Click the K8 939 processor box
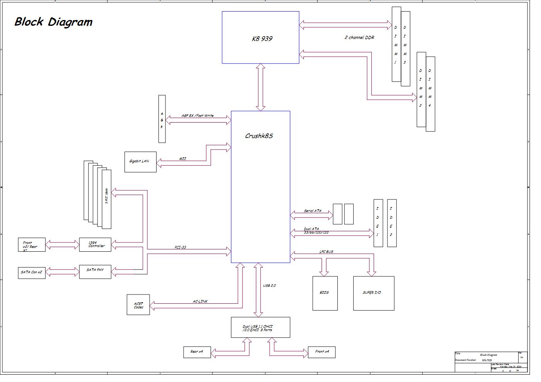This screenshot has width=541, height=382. coord(260,37)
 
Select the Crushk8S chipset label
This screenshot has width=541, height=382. coord(259,136)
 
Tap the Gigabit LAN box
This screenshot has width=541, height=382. coord(140,162)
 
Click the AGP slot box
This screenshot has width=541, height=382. coord(162,119)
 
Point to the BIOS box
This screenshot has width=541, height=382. coord(325,293)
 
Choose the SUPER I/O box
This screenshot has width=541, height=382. coord(373,293)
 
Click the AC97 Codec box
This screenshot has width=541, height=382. coord(138,305)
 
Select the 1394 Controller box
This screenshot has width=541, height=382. coord(95,245)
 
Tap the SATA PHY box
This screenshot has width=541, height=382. coord(95,271)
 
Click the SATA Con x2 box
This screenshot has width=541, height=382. coord(32,272)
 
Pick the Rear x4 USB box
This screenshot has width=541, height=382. coord(197,352)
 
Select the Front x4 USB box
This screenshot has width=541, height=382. coord(321,352)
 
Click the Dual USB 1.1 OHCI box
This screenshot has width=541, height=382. coord(260,328)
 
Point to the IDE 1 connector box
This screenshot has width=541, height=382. coord(378,223)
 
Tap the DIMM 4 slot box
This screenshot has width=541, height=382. coord(430,94)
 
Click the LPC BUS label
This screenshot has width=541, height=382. coord(326,252)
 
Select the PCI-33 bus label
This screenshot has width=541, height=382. coord(180,247)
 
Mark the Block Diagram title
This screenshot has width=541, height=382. coord(53,22)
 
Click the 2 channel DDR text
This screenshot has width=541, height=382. coord(359,37)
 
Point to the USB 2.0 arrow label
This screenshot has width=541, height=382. coord(269,286)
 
